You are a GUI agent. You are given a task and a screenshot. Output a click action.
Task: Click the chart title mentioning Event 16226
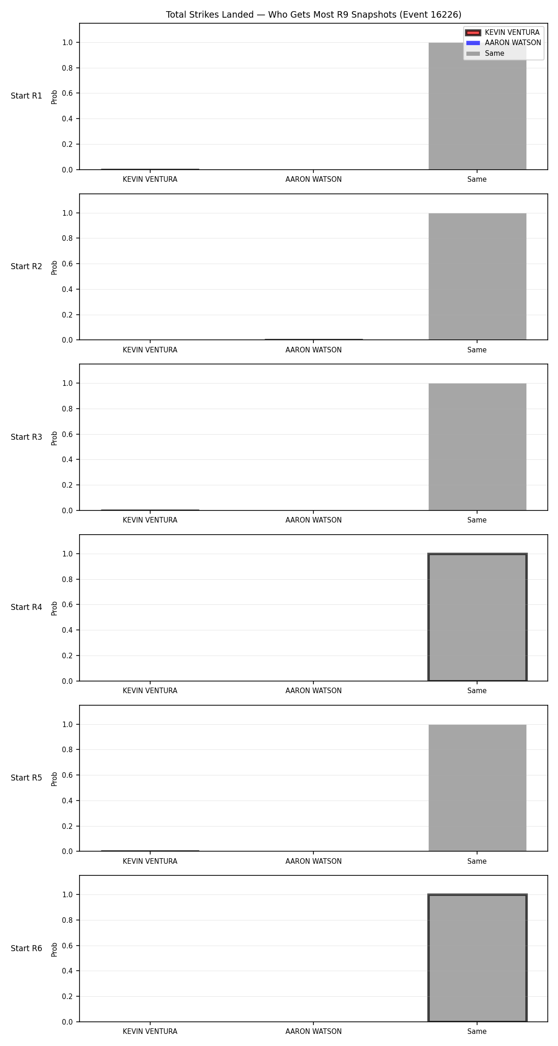click(x=313, y=15)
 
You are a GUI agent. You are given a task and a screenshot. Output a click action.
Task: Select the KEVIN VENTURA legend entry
click(x=503, y=33)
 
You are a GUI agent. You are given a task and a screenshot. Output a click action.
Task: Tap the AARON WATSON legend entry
click(x=504, y=43)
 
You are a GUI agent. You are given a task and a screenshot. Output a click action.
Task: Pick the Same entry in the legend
click(x=485, y=53)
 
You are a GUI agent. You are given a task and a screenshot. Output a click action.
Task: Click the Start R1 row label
click(x=27, y=96)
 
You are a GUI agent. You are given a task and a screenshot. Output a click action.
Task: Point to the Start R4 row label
click(x=27, y=607)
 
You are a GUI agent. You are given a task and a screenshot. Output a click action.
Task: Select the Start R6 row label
click(x=27, y=948)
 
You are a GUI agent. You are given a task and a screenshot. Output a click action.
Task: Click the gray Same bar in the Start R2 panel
click(x=477, y=277)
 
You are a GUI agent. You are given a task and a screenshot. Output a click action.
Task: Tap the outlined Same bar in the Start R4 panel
click(x=477, y=617)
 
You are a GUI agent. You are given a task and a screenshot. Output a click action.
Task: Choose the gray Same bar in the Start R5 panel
click(x=477, y=788)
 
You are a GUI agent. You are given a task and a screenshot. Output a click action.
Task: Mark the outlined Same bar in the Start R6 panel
click(x=477, y=958)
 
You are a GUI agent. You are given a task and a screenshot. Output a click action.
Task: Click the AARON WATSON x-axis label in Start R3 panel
click(x=313, y=520)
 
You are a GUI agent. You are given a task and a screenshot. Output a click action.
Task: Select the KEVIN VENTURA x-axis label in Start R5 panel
click(x=150, y=861)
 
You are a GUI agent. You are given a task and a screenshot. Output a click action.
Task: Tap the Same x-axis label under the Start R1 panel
click(x=477, y=179)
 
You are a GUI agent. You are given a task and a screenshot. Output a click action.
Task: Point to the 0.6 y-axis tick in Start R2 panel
click(x=68, y=264)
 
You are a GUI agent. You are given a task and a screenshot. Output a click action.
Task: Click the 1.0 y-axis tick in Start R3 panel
click(x=68, y=384)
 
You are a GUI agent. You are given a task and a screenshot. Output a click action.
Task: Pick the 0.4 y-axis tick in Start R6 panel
click(x=68, y=971)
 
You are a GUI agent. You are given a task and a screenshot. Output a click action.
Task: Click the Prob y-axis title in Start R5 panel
click(x=54, y=779)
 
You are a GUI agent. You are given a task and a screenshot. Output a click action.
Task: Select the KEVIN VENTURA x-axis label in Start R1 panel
click(x=150, y=179)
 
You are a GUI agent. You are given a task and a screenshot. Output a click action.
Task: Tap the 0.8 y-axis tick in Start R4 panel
click(x=68, y=579)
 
